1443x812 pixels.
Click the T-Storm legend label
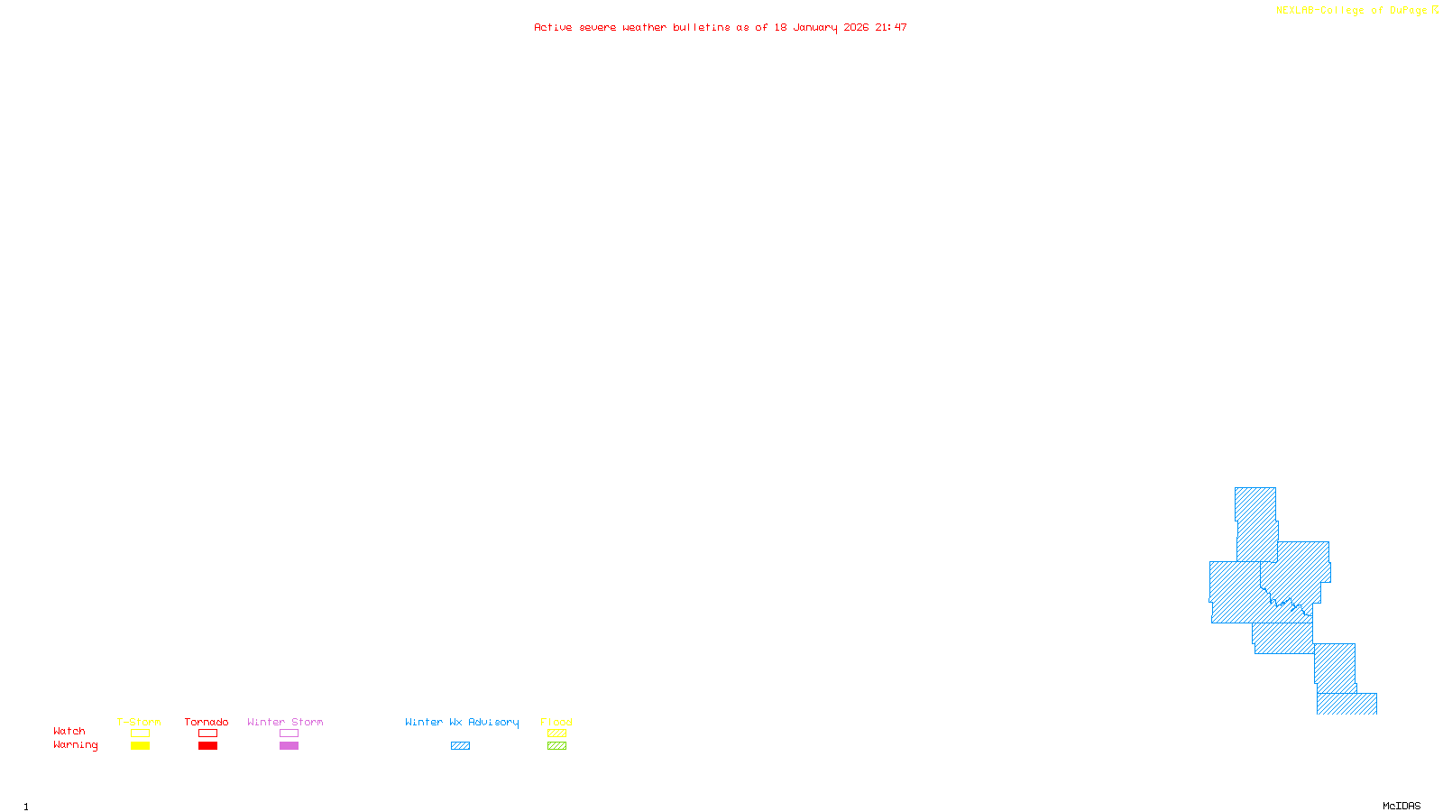click(x=139, y=722)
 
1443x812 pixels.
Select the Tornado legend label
click(x=207, y=722)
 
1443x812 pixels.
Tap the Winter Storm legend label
click(x=285, y=722)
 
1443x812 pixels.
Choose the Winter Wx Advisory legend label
click(x=462, y=722)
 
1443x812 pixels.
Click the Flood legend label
click(x=556, y=722)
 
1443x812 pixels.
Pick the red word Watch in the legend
click(x=69, y=731)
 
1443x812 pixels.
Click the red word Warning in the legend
click(x=75, y=745)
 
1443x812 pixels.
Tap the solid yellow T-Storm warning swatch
click(x=140, y=746)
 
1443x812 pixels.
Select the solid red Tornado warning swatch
click(x=208, y=746)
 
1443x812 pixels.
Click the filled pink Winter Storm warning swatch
click(x=289, y=746)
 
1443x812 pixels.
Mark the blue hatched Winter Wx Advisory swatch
click(x=460, y=746)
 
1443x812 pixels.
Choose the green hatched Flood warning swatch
click(x=557, y=746)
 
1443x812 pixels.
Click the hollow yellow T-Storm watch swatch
click(x=140, y=734)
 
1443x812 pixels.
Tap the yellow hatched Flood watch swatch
click(x=557, y=734)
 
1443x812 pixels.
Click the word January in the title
click(x=815, y=27)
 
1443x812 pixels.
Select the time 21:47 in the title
click(x=891, y=27)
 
